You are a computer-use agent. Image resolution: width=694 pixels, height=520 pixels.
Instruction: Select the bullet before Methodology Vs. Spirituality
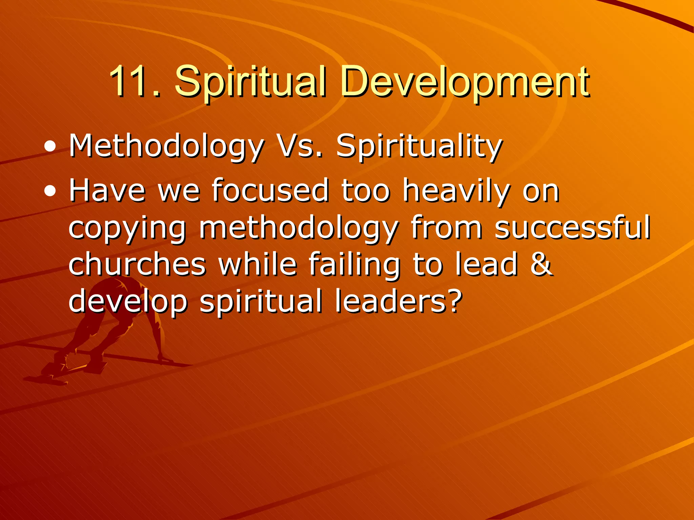pos(50,147)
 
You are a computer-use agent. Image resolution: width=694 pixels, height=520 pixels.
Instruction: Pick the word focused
pos(270,191)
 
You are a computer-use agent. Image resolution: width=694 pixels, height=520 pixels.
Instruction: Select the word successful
pos(572,227)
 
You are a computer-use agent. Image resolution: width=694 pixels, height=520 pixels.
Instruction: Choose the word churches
pos(137,264)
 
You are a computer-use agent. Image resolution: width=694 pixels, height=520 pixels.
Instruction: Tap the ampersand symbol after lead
pos(541,264)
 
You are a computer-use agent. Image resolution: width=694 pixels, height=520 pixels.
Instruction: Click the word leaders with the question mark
pos(398,301)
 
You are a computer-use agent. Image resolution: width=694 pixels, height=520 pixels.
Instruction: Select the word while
pos(258,264)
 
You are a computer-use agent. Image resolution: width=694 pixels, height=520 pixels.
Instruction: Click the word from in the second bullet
pos(446,227)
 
